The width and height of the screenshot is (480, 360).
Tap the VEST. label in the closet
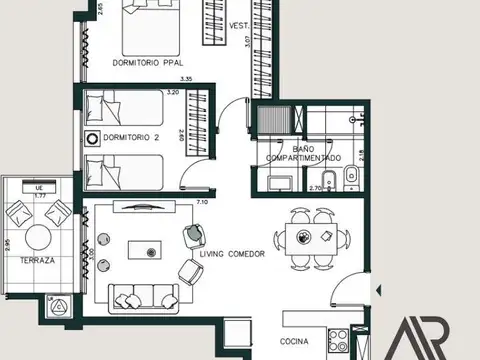[x=238, y=26]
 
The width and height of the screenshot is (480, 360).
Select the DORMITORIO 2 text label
[x=131, y=137]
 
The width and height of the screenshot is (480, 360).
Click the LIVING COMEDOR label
[x=232, y=255]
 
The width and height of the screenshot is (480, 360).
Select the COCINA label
[x=295, y=342]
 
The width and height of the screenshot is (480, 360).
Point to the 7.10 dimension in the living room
[x=202, y=202]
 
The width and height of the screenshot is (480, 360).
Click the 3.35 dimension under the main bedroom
[x=184, y=79]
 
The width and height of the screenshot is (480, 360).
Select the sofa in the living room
[x=138, y=295]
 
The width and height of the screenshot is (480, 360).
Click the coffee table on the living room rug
[x=152, y=250]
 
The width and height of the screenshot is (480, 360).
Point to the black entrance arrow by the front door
[x=378, y=290]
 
